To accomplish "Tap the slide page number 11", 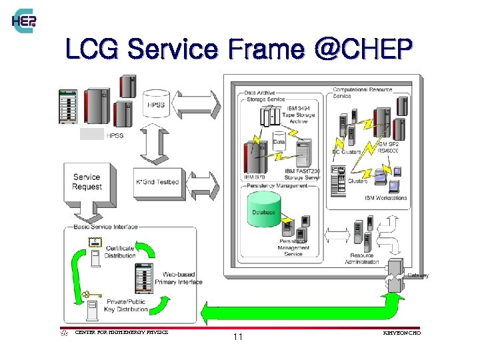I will tap(238, 337).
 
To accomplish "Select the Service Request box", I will tap(87, 182).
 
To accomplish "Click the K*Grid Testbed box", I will tap(157, 182).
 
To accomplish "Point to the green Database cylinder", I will tap(263, 209).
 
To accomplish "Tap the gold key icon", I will tap(89, 294).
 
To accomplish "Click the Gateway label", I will tap(418, 275).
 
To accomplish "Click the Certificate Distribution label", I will tap(120, 251).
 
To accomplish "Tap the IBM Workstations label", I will tap(385, 198).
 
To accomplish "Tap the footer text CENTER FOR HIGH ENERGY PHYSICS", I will tap(121, 331).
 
